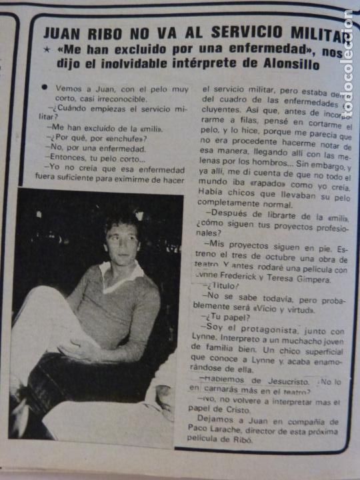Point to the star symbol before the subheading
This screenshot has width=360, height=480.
point(47,49)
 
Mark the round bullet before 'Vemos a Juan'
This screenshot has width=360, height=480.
point(44,87)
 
